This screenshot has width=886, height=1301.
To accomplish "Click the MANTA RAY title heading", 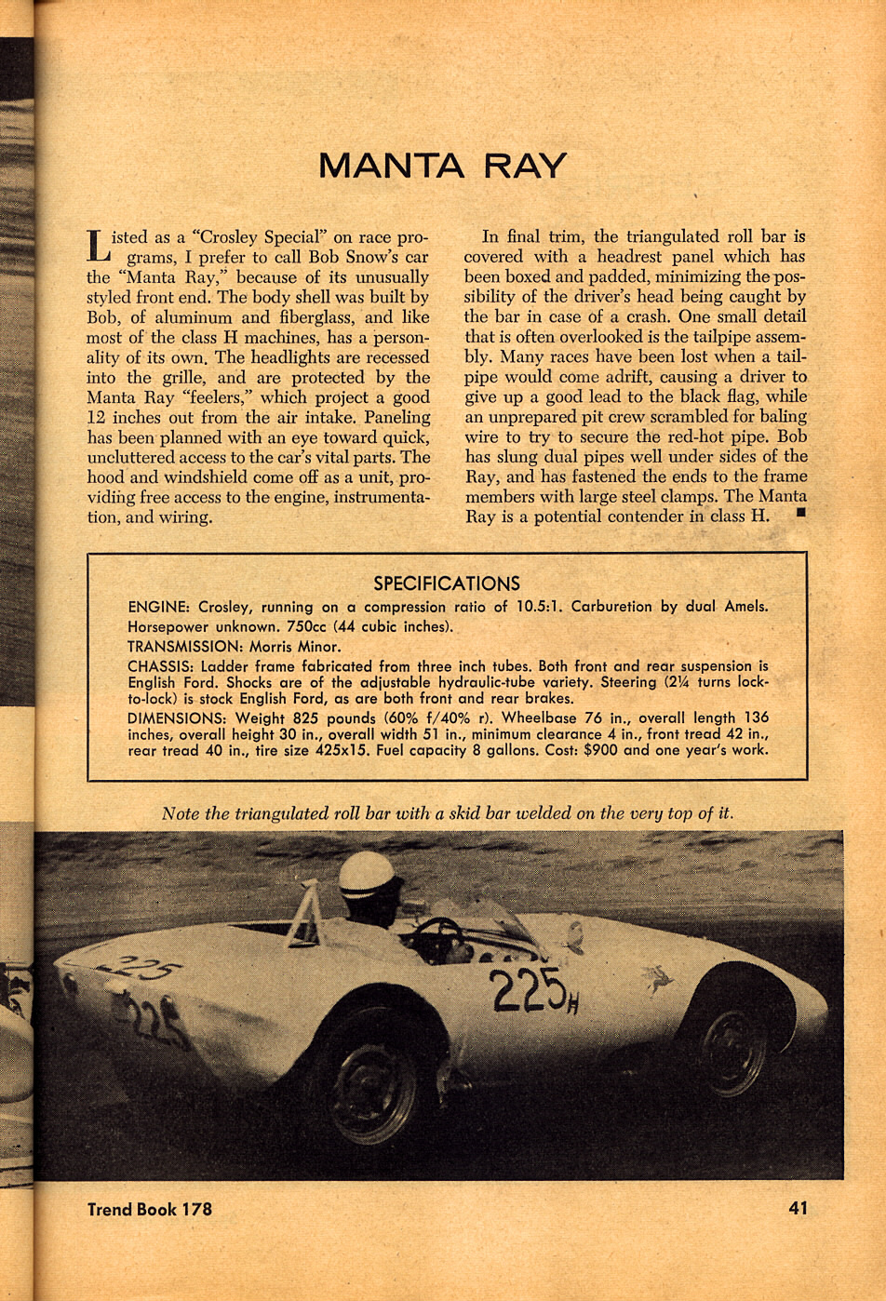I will point(442,167).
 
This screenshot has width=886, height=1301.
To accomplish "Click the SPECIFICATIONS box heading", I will point(447,583).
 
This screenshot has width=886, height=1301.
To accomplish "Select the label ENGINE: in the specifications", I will point(159,607).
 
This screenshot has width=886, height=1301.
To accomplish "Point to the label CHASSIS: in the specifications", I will point(160,666).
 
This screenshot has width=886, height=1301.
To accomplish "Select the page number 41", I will point(798,1208).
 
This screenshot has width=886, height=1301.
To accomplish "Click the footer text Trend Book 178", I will point(149,1209).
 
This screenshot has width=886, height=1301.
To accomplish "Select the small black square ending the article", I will point(800,511).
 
